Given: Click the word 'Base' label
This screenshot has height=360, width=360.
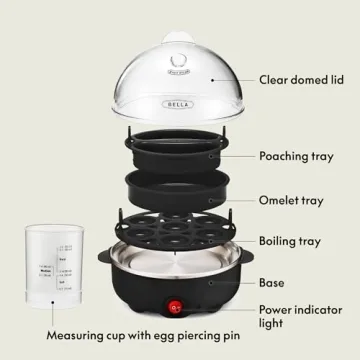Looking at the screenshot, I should click(x=272, y=282).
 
